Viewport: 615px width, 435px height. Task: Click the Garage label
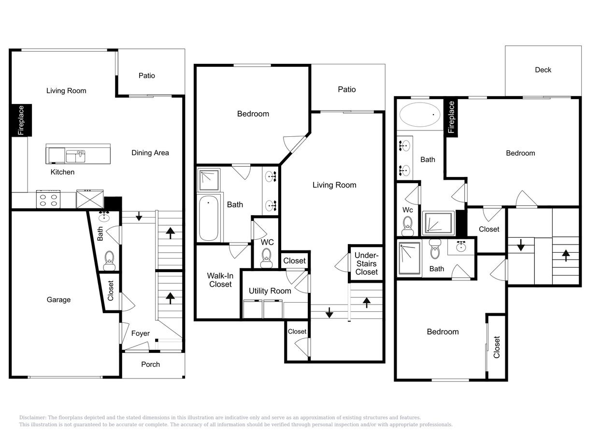pos(58,300)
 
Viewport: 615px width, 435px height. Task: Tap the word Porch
pos(150,364)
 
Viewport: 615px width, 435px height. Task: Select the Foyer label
pos(141,333)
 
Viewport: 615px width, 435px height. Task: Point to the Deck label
pos(543,70)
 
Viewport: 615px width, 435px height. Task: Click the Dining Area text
pos(150,153)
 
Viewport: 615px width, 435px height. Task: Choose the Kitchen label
pos(63,172)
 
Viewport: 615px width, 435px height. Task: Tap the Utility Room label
pos(270,291)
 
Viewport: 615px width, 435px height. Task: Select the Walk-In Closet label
pos(220,280)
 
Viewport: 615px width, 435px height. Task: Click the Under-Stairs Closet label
pos(366,263)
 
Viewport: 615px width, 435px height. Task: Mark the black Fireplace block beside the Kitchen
pos(21,120)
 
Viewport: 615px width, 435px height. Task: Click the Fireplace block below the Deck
pos(451,117)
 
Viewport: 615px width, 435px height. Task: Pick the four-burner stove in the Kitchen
pos(48,200)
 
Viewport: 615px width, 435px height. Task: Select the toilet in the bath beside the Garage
pos(109,260)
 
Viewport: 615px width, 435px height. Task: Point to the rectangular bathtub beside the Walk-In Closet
pos(209,218)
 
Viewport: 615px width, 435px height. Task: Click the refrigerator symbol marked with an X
pos(90,199)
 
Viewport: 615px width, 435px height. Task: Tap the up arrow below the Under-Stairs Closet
pos(366,303)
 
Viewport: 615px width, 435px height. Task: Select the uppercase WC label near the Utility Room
pos(267,242)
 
